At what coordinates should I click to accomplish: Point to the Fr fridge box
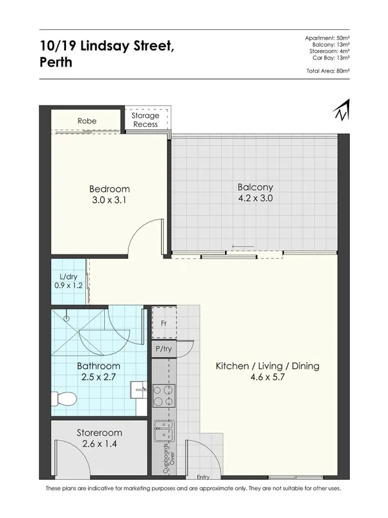point(163,322)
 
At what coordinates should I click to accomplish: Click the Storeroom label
point(98,432)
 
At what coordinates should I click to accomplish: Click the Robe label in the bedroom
point(87,120)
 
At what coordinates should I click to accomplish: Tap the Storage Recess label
point(145,120)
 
